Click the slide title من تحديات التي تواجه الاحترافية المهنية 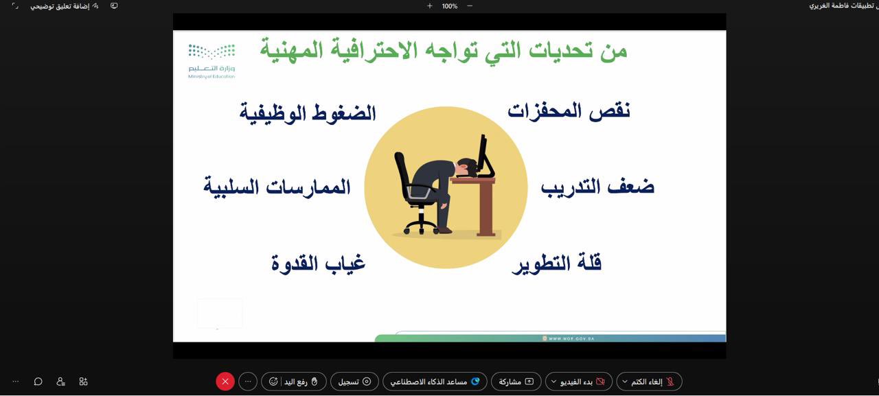443,50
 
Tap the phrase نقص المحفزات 569,110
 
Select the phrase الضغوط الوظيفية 308,113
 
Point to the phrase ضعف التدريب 597,187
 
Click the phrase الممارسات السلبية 277,187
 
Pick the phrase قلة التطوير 556,263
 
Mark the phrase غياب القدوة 318,263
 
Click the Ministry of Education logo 212,60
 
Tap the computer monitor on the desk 486,156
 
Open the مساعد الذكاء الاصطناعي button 435,382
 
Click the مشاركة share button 516,382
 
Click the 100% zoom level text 450,6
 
